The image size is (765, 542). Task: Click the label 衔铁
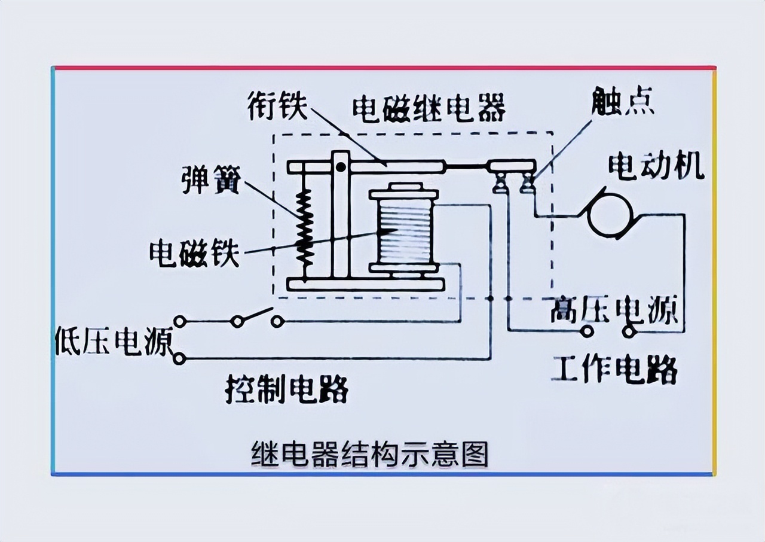point(278,108)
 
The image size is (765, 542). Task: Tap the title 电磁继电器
point(429,108)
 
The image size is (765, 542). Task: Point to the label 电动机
point(656,167)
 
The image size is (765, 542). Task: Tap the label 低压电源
point(114,342)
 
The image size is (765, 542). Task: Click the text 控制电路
point(287,390)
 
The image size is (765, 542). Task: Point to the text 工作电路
point(614,369)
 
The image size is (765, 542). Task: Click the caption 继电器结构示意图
point(370,455)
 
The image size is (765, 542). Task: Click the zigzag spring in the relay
point(305,227)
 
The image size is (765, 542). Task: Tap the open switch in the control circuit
point(257,317)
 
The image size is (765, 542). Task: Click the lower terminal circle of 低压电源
point(179,358)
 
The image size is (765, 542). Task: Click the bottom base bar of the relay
point(366,285)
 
